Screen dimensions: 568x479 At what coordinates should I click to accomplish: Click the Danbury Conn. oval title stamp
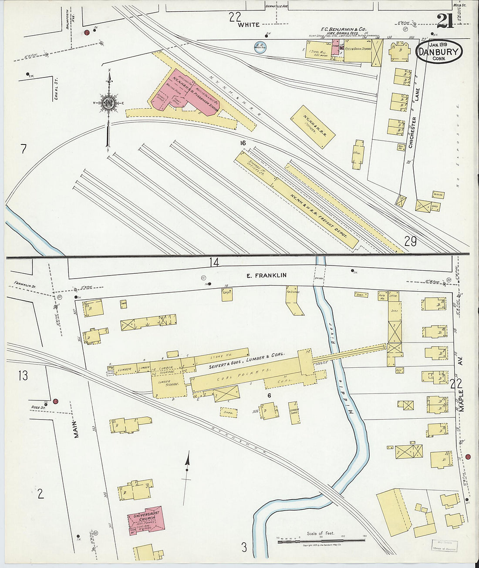439,52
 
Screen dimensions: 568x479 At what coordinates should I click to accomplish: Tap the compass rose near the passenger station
108,103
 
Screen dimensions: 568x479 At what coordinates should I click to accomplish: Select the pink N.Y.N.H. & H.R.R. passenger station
185,92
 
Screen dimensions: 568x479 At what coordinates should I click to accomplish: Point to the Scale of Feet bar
321,540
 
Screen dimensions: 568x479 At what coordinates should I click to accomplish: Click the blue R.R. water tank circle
260,47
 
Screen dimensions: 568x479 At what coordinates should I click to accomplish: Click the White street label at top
249,25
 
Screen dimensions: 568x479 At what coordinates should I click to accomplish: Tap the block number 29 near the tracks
410,241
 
